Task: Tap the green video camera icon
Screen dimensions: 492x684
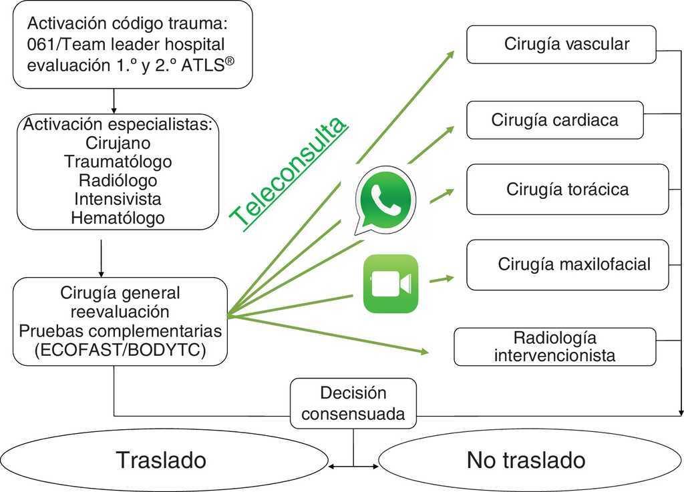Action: click(x=390, y=284)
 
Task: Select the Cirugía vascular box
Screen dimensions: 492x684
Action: click(x=561, y=45)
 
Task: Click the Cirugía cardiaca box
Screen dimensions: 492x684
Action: click(x=554, y=120)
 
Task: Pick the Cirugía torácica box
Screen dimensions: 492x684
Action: click(x=567, y=189)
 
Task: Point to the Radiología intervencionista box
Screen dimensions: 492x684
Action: click(x=554, y=346)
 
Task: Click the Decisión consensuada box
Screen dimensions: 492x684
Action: click(x=353, y=403)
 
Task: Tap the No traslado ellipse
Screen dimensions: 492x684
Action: click(x=526, y=460)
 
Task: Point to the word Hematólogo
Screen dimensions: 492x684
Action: click(x=118, y=218)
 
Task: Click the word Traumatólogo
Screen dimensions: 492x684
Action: click(x=118, y=162)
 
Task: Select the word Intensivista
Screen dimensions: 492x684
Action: click(x=118, y=199)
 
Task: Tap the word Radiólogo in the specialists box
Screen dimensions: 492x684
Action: click(x=118, y=180)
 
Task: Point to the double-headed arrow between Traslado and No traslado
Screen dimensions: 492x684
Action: click(x=353, y=465)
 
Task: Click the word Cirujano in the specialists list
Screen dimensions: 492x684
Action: click(x=118, y=143)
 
